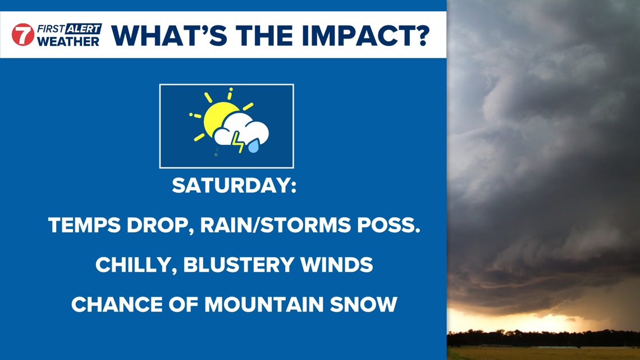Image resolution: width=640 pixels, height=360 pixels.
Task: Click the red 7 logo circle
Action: pyautogui.click(x=23, y=35)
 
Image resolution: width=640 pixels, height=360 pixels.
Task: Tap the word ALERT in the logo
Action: pyautogui.click(x=83, y=29)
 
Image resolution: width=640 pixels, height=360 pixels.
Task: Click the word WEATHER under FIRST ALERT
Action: pyautogui.click(x=68, y=41)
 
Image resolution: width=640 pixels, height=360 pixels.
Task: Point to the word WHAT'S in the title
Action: pyautogui.click(x=169, y=35)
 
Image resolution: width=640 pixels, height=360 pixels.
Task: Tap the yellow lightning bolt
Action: pyautogui.click(x=237, y=142)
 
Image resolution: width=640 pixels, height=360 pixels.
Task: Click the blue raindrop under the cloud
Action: pyautogui.click(x=253, y=145)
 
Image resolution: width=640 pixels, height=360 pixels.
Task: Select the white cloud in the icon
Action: pyautogui.click(x=241, y=129)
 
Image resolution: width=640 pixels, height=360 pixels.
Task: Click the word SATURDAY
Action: pyautogui.click(x=234, y=186)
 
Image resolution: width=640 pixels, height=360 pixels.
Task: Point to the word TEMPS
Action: pyautogui.click(x=84, y=225)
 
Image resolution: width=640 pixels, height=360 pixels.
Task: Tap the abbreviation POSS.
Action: pyautogui.click(x=388, y=225)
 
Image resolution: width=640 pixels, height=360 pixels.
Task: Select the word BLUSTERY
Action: pyautogui.click(x=239, y=265)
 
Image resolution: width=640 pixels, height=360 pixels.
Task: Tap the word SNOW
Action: pyautogui.click(x=364, y=304)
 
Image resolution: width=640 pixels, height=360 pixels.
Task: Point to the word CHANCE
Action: pyautogui.click(x=116, y=304)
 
